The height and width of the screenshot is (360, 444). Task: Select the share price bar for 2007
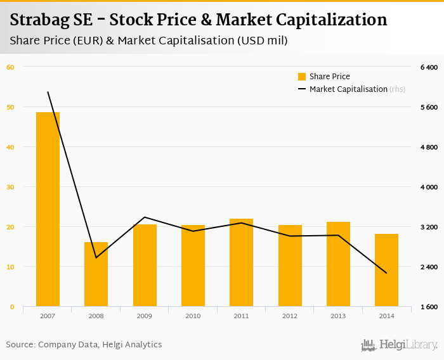coord(48,209)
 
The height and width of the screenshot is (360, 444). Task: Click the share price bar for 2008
coord(96,274)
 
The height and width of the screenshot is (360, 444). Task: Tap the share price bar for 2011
coord(241,262)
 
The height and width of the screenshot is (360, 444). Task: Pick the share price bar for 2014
coord(386,270)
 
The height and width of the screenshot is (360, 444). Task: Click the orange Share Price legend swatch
coord(302,77)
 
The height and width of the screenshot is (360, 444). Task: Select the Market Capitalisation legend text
coord(348,89)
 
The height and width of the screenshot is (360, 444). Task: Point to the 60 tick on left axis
coord(10,67)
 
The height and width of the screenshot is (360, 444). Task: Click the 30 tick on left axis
coord(10,187)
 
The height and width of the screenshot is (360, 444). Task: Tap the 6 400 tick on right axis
coord(429,67)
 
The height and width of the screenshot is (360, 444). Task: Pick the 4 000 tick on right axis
coord(429,188)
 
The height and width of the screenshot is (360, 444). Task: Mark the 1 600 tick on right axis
coord(429,307)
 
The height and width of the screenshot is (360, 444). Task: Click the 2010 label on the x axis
coord(193,316)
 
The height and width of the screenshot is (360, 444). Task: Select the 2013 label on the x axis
coord(338,316)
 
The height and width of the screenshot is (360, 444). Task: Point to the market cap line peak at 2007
coord(48,92)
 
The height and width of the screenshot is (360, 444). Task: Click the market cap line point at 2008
coord(96,257)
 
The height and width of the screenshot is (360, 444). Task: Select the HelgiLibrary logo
coord(399,345)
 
